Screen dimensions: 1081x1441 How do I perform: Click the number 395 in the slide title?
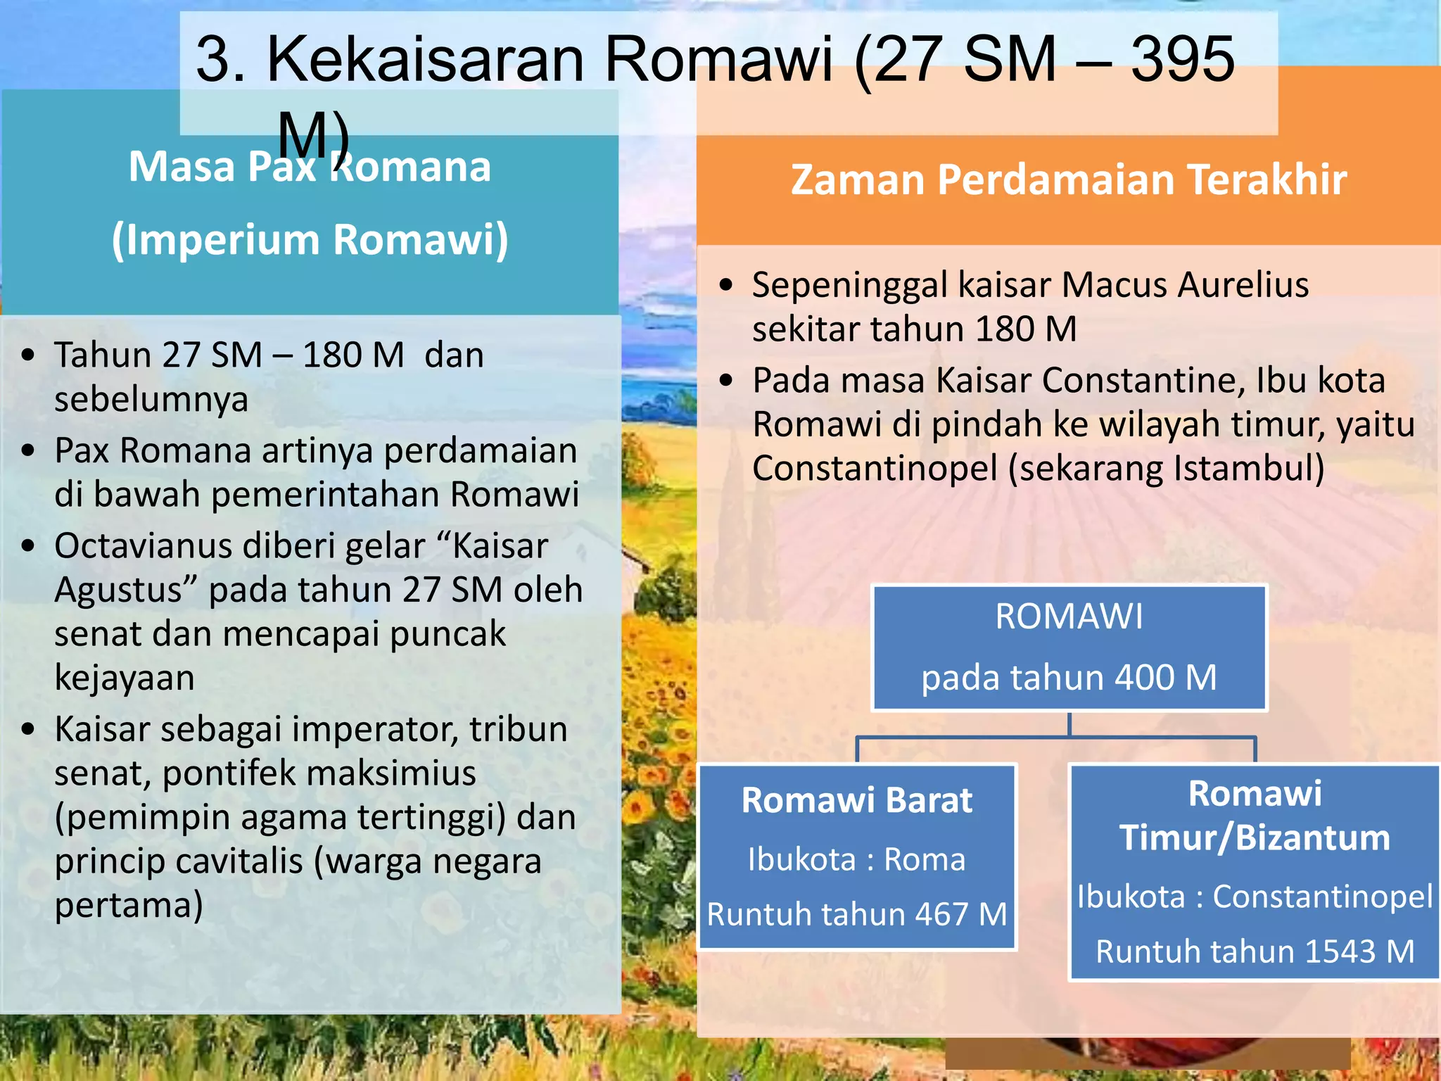[x=1182, y=60]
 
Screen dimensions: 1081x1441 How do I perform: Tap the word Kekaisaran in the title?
[x=425, y=60]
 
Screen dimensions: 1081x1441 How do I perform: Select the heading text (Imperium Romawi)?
[x=310, y=240]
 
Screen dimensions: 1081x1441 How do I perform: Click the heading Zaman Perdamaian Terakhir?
[x=1068, y=179]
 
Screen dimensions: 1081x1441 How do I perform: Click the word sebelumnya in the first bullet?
[x=151, y=400]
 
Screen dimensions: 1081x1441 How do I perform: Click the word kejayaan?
[x=125, y=678]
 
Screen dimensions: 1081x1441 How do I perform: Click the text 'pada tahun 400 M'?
[x=1069, y=678]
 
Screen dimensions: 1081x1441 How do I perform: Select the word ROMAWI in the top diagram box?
[x=1069, y=617]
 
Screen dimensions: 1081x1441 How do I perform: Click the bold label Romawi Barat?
[x=856, y=800]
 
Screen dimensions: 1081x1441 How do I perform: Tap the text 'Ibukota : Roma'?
[x=856, y=859]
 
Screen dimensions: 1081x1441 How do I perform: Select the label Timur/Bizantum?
[x=1255, y=838]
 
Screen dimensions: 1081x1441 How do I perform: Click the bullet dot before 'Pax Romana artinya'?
[x=28, y=450]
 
